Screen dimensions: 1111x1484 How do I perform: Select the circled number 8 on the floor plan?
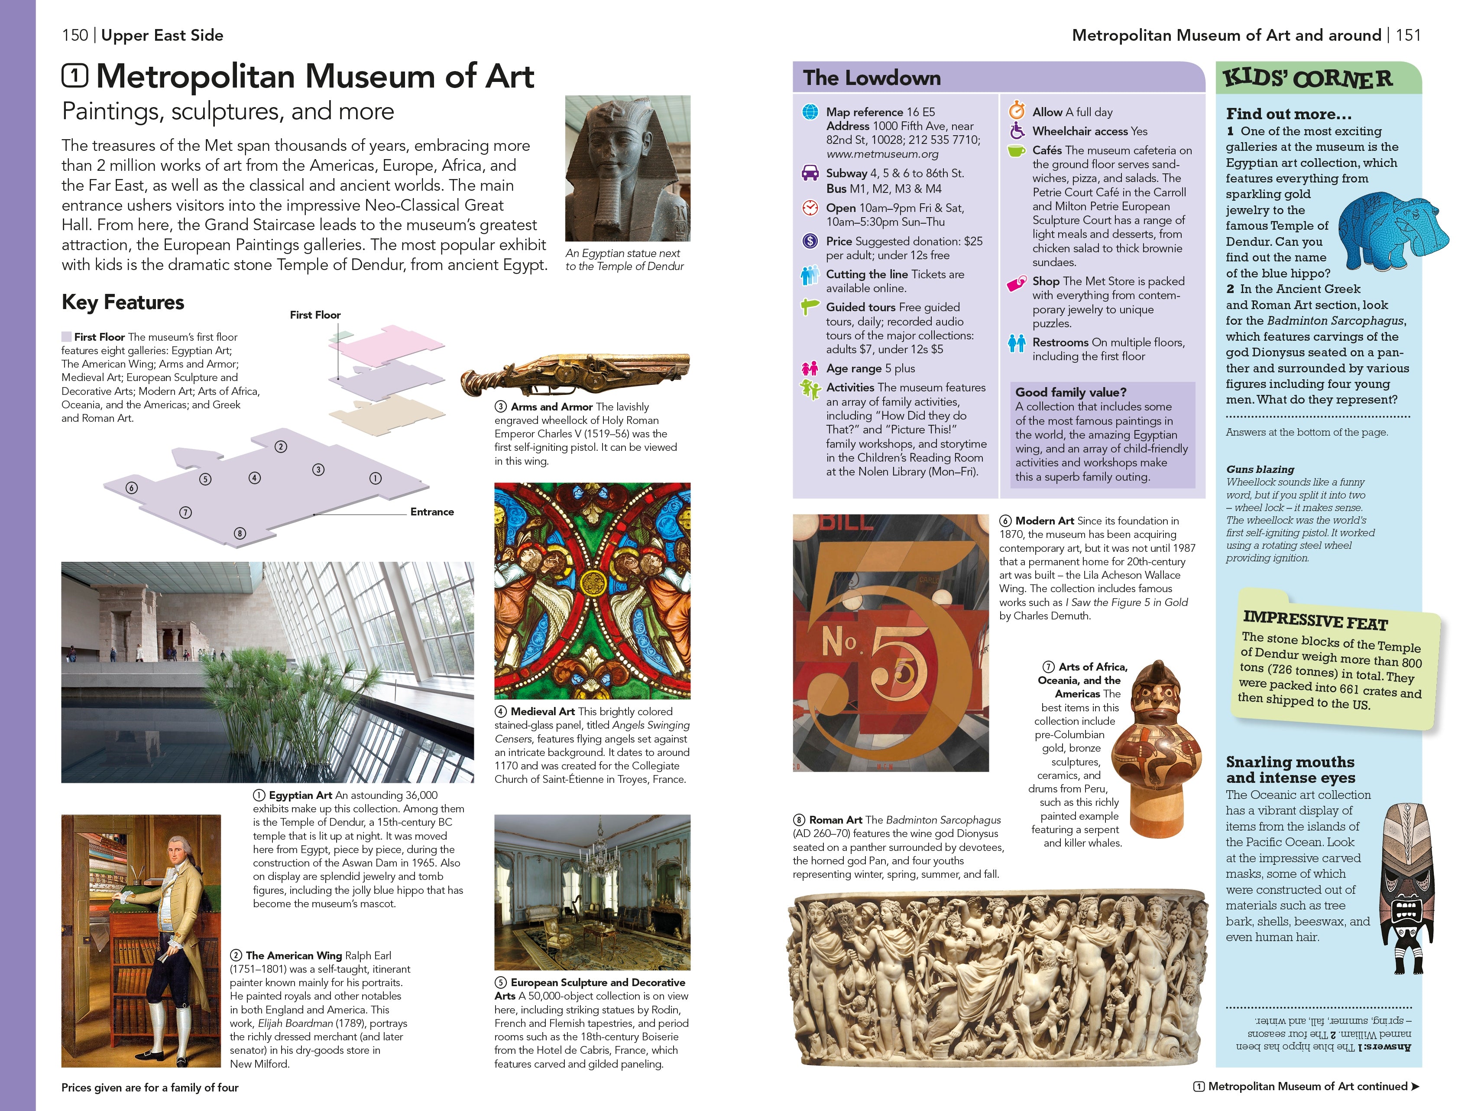coord(240,534)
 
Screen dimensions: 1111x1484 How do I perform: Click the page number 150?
coord(75,36)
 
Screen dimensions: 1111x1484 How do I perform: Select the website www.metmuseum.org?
coord(882,154)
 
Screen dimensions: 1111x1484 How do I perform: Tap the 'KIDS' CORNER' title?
coord(1308,78)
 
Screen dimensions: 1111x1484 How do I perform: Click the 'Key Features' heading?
coord(123,303)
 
